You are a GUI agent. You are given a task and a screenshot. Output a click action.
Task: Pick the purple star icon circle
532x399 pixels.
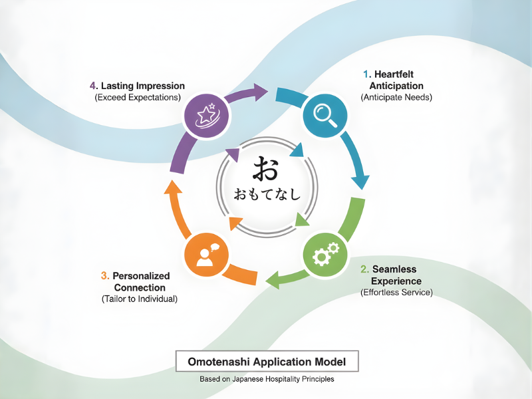coord(207,115)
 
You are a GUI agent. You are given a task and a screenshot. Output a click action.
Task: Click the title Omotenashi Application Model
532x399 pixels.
coord(267,362)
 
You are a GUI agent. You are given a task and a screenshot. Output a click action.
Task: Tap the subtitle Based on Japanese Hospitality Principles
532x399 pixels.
coord(267,379)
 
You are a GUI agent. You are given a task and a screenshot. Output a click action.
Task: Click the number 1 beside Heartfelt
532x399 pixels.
coord(366,74)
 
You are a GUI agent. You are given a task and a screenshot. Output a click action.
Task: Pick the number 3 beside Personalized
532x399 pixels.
coord(104,275)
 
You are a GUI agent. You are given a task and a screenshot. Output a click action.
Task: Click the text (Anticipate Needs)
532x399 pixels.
coord(396,97)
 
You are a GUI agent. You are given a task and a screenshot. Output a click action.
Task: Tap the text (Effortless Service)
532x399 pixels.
coord(396,293)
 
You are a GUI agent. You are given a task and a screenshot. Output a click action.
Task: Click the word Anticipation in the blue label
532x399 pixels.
coord(397,86)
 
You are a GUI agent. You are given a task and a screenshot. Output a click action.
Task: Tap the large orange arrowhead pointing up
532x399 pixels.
coord(172,189)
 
